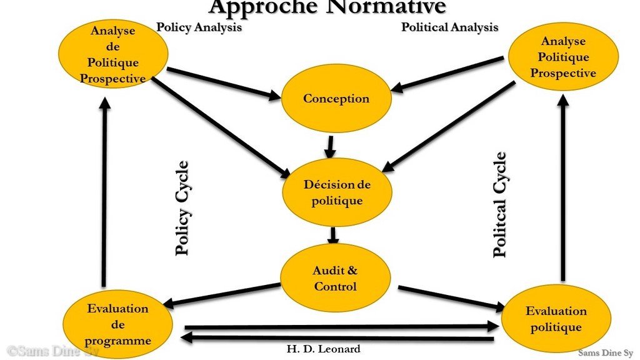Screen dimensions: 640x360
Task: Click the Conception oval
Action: coord(336,98)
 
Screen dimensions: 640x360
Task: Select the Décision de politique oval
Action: coord(337,192)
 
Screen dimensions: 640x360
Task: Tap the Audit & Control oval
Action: coord(336,278)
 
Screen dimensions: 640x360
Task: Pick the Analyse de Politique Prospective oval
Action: coord(113,54)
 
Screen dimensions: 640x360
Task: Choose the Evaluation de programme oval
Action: coord(117,324)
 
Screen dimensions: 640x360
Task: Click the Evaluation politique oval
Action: coord(556,319)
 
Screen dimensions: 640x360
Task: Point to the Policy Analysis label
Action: coord(199,27)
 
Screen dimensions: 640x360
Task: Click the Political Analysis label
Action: coord(450,27)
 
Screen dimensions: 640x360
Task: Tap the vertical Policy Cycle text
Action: coord(182,208)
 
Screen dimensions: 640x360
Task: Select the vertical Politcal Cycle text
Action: coord(499,204)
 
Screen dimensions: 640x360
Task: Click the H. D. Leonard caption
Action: coord(323,349)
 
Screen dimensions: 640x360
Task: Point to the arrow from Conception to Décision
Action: coord(330,147)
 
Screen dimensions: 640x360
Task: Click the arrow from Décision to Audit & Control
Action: coord(333,236)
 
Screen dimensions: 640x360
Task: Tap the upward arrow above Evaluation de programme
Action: coord(105,192)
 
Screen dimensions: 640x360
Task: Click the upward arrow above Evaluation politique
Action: coord(563,187)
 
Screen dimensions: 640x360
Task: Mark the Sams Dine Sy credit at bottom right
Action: coord(605,353)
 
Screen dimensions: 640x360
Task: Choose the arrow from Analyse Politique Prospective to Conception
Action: coord(447,74)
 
